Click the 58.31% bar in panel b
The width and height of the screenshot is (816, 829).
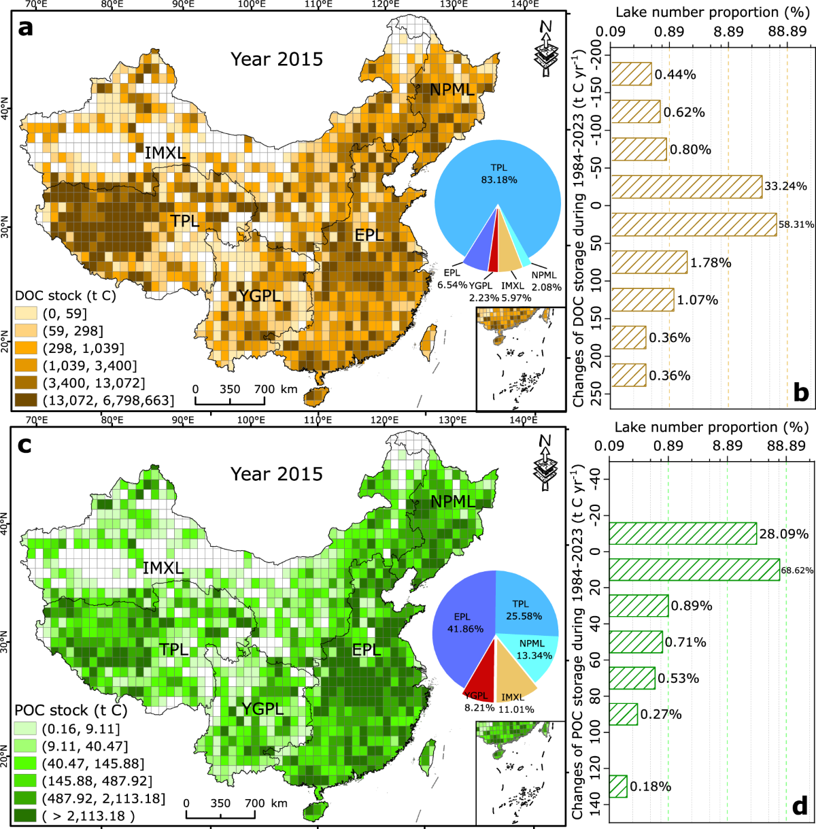[x=693, y=224]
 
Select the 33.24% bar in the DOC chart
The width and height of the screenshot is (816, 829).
[x=685, y=186]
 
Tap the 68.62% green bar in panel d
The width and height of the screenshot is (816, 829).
[x=694, y=569]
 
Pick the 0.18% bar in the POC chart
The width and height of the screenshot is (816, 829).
[x=617, y=786]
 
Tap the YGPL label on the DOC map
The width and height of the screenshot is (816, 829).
[x=260, y=296]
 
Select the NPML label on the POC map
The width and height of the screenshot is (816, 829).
[x=453, y=501]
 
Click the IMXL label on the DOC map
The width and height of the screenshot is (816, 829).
[x=165, y=154]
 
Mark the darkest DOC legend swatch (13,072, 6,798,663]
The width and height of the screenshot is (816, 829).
[x=27, y=400]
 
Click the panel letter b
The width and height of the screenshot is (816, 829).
[x=800, y=392]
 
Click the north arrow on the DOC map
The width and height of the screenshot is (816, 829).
[x=545, y=49]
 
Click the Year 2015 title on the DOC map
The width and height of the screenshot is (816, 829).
[x=277, y=58]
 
